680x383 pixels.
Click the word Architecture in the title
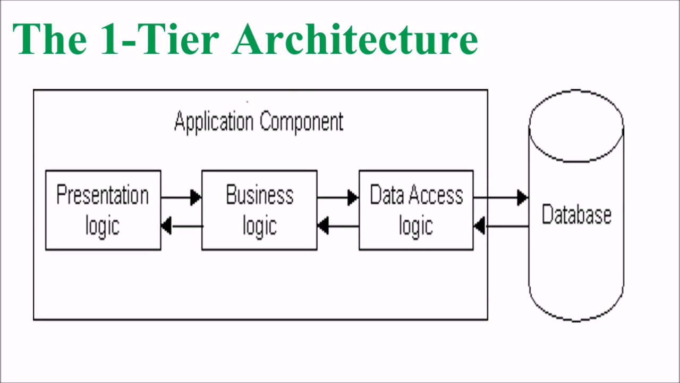point(355,39)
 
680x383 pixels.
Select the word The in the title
point(49,39)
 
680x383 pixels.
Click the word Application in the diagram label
point(214,122)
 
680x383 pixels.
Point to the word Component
point(301,122)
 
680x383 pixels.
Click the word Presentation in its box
point(103,195)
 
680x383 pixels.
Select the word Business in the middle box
point(259,195)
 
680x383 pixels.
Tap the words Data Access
point(416,195)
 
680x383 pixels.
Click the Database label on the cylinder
point(576,215)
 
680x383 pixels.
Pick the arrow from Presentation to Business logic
point(181,197)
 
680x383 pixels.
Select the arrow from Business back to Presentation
point(181,226)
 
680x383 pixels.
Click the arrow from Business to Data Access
point(338,197)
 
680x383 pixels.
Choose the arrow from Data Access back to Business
point(338,226)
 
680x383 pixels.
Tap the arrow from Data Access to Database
point(500,197)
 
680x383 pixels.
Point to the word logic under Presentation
point(103,226)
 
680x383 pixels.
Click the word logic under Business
point(259,226)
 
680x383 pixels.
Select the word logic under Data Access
point(416,226)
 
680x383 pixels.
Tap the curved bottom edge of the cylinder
point(576,319)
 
